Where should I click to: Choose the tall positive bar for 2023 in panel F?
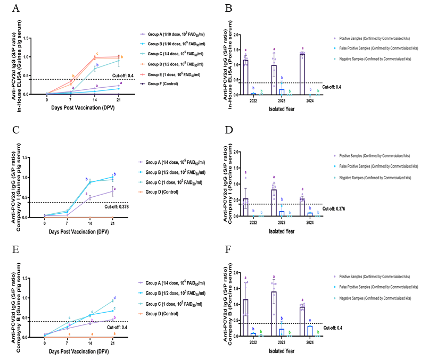[x=274, y=314]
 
